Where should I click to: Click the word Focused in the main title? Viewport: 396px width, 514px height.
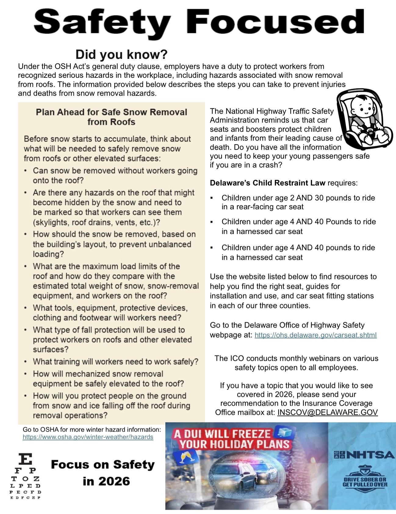275,22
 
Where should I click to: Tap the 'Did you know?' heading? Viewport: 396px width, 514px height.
121,55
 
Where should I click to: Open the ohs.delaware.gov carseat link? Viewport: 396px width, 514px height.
315,335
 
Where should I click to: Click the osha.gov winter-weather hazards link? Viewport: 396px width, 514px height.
88,437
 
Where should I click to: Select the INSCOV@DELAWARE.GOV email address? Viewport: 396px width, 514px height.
327,412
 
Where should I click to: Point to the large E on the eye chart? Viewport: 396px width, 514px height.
25,459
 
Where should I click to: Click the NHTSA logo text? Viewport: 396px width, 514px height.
365,455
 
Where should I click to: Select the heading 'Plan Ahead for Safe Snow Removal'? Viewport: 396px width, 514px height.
111,112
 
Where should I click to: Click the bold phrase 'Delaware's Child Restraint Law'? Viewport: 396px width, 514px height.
267,183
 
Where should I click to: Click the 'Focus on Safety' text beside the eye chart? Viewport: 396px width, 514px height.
103,465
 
